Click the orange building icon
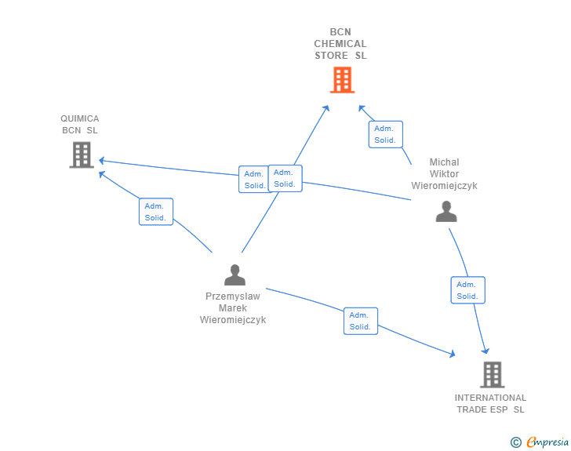click(342, 80)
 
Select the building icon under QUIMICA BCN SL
click(82, 155)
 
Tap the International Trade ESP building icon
click(493, 374)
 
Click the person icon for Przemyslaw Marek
click(235, 275)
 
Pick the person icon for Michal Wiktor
click(446, 211)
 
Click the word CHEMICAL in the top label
click(340, 44)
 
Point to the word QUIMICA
click(80, 118)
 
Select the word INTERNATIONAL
click(490, 398)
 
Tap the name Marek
click(233, 307)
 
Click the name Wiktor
click(444, 174)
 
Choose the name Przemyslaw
click(233, 296)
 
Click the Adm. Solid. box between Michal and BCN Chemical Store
click(386, 134)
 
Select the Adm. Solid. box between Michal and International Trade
click(468, 290)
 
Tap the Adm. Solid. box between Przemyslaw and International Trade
click(361, 321)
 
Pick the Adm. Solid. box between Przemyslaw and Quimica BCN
click(156, 212)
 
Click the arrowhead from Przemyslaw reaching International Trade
click(453, 354)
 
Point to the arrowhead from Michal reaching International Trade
click(486, 351)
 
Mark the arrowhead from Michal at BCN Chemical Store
click(362, 108)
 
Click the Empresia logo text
click(547, 442)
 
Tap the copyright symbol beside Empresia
click(515, 442)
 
